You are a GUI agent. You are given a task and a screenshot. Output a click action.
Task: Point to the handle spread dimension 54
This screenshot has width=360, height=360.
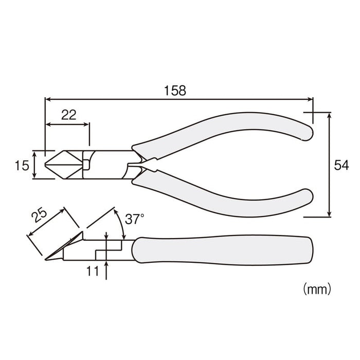(x=341, y=165)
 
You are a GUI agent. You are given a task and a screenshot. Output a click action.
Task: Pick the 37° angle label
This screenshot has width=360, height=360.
(x=135, y=220)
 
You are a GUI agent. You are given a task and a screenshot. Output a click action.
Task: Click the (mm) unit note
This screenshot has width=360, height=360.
(x=317, y=285)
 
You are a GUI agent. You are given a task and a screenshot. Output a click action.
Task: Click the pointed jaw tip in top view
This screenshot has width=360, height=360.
(x=47, y=165)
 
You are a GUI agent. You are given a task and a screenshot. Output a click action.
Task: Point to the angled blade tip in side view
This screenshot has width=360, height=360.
(x=47, y=259)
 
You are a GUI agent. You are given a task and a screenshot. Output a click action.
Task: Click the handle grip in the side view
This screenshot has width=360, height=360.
(x=221, y=251)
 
